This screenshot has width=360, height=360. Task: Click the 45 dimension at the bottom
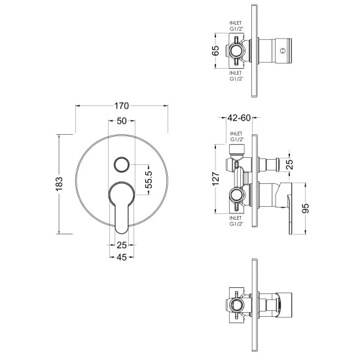121,257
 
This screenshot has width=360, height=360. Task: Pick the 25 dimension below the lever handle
121,245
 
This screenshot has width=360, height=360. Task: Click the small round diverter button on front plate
122,164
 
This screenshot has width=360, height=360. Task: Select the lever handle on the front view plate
122,204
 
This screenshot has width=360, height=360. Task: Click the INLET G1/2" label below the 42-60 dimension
236,137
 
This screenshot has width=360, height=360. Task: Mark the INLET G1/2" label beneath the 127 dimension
236,221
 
